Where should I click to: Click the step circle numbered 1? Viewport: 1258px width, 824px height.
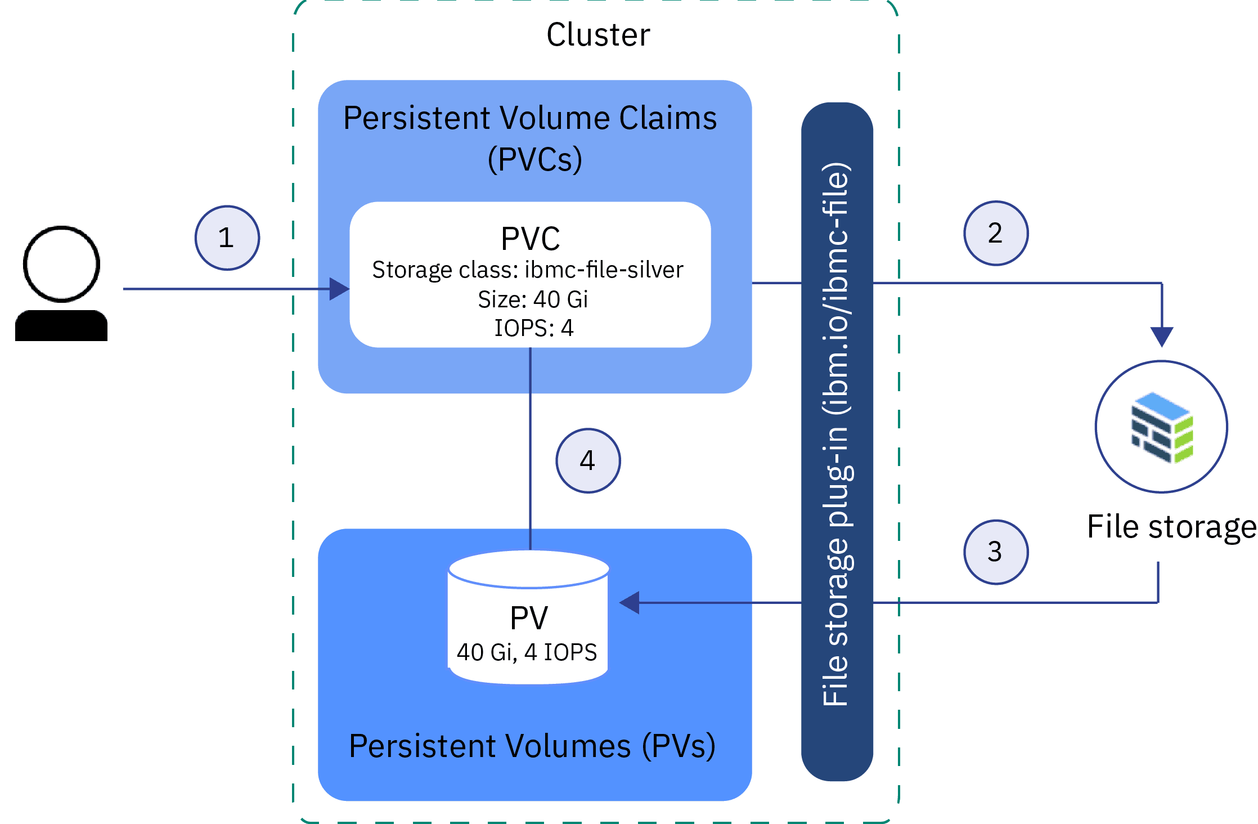(227, 238)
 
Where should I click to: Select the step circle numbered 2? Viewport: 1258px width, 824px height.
(995, 233)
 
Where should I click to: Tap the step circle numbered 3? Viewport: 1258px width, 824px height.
(995, 552)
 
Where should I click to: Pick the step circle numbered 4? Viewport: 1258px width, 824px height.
(588, 461)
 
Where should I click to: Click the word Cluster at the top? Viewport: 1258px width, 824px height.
(598, 35)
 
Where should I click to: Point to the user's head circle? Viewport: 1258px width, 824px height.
(61, 264)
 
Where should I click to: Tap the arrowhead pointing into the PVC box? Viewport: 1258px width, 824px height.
(339, 289)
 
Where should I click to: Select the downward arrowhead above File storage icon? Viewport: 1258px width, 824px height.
(1161, 337)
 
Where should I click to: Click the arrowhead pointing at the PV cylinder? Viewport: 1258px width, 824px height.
(630, 603)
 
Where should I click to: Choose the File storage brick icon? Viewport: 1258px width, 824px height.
(1162, 428)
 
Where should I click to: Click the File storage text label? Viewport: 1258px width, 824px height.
(1171, 527)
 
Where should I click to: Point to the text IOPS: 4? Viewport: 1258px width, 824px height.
(533, 328)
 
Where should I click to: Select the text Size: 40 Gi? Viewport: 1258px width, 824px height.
(532, 299)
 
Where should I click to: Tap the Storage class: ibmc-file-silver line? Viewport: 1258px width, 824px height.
(527, 270)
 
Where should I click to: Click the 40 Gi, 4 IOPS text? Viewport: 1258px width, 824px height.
(527, 652)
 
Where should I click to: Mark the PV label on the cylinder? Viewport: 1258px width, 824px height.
(528, 618)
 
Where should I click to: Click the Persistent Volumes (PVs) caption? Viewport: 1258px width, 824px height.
(532, 746)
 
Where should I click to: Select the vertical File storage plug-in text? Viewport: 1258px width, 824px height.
(836, 433)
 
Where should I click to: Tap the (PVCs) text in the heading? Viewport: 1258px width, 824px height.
(534, 159)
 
